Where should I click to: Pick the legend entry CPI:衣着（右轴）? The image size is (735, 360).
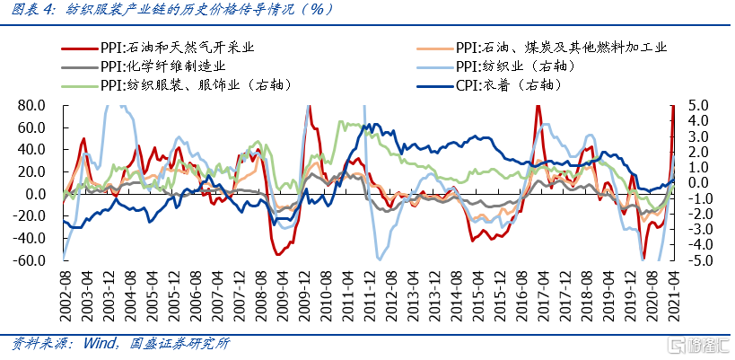pos(510,85)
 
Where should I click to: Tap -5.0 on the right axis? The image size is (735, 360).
pos(696,260)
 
